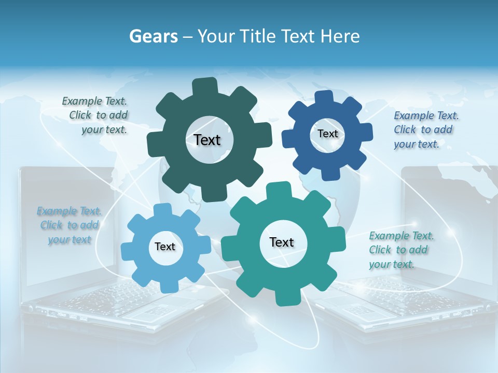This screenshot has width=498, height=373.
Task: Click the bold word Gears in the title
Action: click(x=153, y=36)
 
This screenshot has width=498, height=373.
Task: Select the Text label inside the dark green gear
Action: click(x=207, y=140)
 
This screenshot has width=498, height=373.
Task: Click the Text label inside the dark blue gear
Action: click(x=327, y=134)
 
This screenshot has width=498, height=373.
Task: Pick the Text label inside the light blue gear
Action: click(x=165, y=247)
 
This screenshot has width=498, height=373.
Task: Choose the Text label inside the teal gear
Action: click(x=282, y=242)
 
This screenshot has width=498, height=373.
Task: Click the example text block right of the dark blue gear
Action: click(x=425, y=130)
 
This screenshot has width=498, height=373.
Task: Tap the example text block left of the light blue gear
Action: click(x=70, y=225)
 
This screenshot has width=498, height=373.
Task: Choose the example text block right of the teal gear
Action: click(x=400, y=250)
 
